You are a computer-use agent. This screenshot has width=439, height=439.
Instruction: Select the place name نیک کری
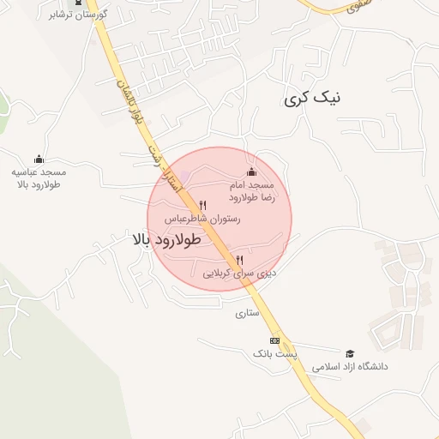[x=311, y=99]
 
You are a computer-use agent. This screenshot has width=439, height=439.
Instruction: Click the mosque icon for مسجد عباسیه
[x=39, y=159]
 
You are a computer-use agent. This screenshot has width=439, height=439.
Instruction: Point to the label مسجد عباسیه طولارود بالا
[x=38, y=177]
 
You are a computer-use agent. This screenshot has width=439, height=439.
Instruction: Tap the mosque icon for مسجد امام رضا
[x=251, y=171]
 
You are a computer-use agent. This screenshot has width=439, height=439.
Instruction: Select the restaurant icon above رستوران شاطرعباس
[x=203, y=205]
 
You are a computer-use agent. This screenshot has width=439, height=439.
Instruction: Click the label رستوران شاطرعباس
[x=203, y=219]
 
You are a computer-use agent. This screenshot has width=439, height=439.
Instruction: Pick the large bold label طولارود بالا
[x=168, y=239]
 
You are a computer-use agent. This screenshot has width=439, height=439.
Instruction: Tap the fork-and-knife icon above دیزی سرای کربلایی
[x=239, y=260]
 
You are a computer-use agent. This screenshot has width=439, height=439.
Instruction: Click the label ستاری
[x=247, y=314]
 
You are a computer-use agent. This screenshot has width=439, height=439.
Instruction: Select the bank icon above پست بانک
[x=274, y=340]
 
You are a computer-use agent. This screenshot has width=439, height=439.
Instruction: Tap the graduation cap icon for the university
[x=349, y=353]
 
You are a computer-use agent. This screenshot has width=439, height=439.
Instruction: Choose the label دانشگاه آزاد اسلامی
[x=350, y=366]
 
